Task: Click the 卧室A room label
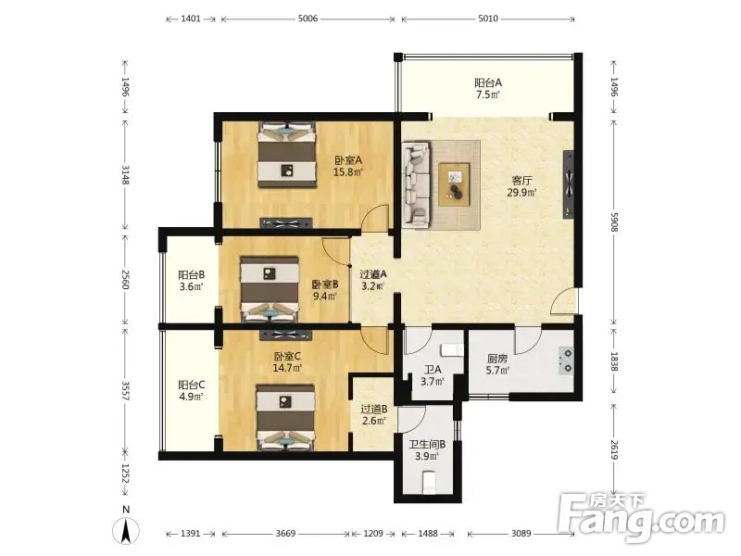click(348, 160)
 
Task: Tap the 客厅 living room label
click(521, 181)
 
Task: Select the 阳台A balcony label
click(488, 82)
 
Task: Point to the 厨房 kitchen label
click(497, 359)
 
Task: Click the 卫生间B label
click(427, 445)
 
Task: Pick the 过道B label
click(374, 409)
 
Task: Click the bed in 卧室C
click(285, 418)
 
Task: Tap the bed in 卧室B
click(270, 289)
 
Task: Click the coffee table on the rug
click(454, 184)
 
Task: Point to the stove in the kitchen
click(566, 360)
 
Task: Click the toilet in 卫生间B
click(430, 481)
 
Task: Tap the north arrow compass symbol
click(126, 529)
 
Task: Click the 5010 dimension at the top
click(488, 19)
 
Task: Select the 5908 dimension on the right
click(614, 221)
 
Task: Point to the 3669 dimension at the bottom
click(286, 534)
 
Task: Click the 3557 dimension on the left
click(125, 391)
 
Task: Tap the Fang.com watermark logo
click(641, 518)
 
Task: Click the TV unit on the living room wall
click(569, 184)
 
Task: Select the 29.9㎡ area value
click(521, 193)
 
